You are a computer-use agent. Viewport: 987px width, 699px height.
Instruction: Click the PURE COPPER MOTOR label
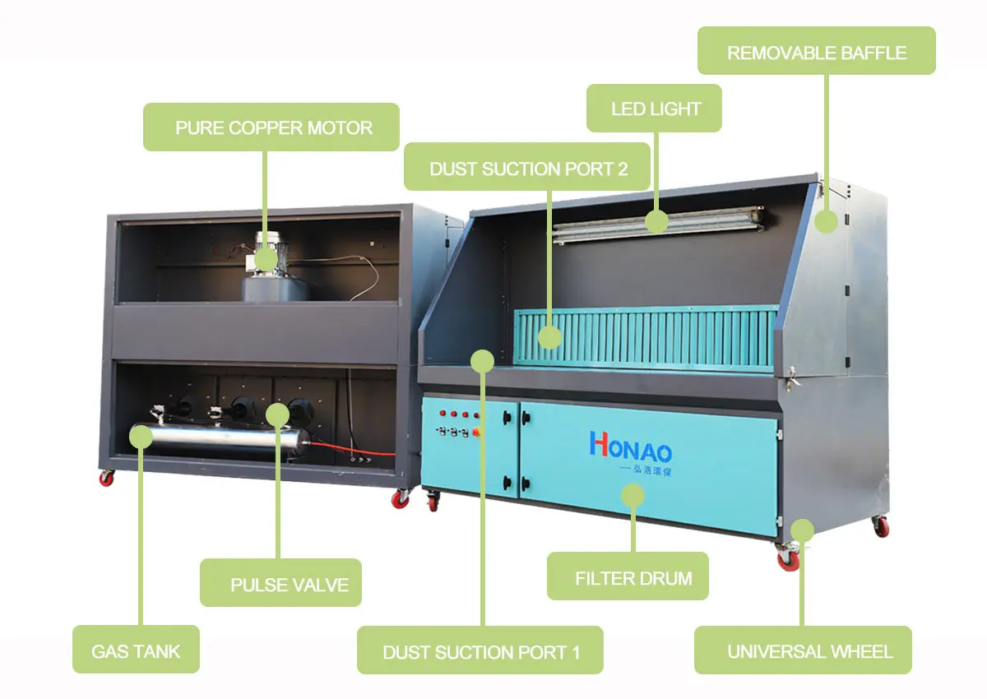click(271, 127)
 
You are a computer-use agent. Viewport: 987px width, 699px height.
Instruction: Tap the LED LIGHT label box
click(654, 109)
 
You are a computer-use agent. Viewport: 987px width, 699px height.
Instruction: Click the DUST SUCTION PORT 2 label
click(527, 169)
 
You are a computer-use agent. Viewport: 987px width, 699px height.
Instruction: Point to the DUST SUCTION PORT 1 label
click(480, 652)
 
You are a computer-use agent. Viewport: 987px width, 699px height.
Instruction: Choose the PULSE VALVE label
click(281, 585)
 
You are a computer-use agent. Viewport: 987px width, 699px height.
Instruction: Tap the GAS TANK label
click(136, 651)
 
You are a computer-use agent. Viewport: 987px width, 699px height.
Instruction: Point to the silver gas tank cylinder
click(222, 442)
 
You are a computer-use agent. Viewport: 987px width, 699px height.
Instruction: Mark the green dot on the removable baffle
click(827, 221)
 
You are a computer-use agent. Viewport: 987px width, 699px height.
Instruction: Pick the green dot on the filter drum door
click(632, 495)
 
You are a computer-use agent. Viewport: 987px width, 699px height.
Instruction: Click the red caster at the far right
click(881, 527)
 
